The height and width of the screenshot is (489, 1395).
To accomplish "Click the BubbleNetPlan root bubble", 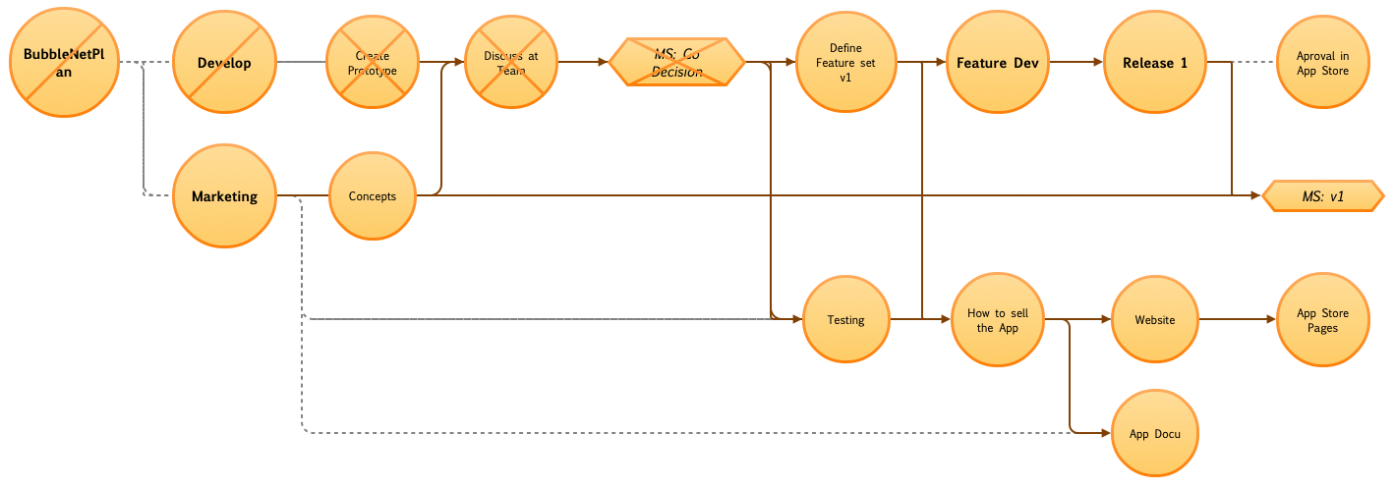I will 64,64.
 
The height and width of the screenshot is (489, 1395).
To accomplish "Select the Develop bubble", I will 224,63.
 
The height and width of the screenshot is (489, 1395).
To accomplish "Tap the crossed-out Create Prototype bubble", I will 373,63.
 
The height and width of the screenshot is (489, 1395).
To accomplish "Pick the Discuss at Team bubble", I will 511,63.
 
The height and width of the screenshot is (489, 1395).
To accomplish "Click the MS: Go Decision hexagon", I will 677,63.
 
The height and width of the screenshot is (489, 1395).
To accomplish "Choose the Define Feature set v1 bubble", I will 845,63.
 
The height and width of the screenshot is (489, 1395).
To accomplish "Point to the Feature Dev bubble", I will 997,63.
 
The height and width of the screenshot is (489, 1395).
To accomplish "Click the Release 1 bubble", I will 1155,63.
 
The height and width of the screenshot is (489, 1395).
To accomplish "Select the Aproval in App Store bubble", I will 1322,63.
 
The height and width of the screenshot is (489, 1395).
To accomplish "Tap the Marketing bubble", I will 224,195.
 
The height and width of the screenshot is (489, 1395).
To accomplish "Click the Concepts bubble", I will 373,195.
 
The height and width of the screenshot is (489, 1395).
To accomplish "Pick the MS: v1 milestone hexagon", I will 1323,196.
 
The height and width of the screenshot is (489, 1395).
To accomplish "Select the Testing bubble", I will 845,320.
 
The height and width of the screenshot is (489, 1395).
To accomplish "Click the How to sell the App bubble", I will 997,320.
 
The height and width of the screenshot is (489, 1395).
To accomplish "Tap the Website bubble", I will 1155,320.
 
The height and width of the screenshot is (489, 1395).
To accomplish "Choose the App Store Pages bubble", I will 1322,320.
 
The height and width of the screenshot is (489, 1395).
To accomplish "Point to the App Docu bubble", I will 1155,433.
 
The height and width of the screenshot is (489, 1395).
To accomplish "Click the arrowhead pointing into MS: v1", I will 1255,196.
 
